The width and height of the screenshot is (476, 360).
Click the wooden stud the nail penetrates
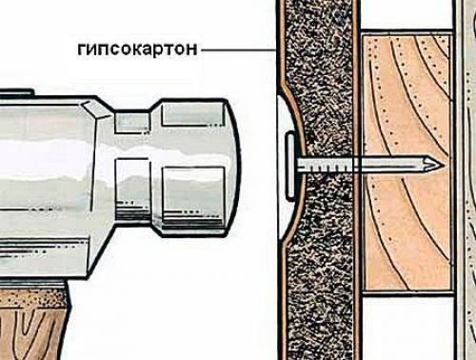click(400, 219)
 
